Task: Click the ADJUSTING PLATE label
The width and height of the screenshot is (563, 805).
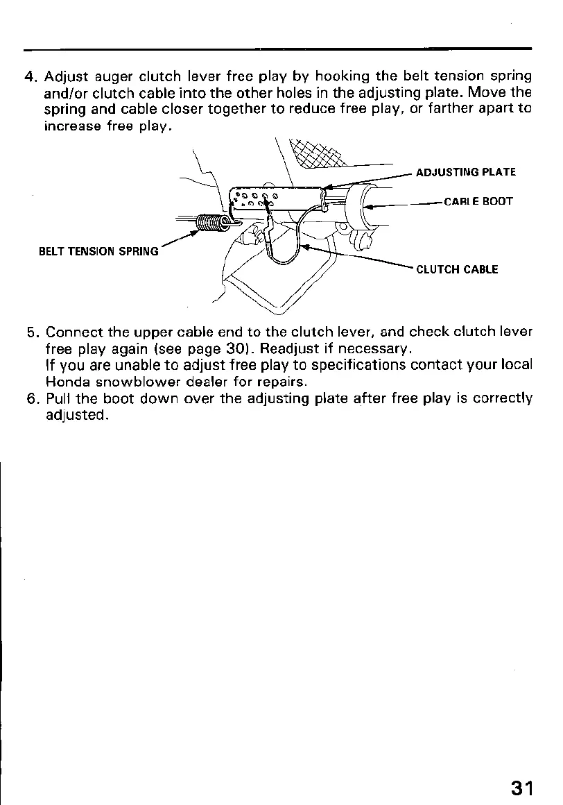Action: click(465, 172)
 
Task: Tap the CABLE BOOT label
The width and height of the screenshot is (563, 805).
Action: click(478, 202)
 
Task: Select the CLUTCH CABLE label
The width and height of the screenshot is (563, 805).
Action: click(456, 269)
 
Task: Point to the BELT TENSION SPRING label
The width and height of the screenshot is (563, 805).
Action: click(98, 251)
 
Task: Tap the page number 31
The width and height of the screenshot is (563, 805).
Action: click(522, 788)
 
